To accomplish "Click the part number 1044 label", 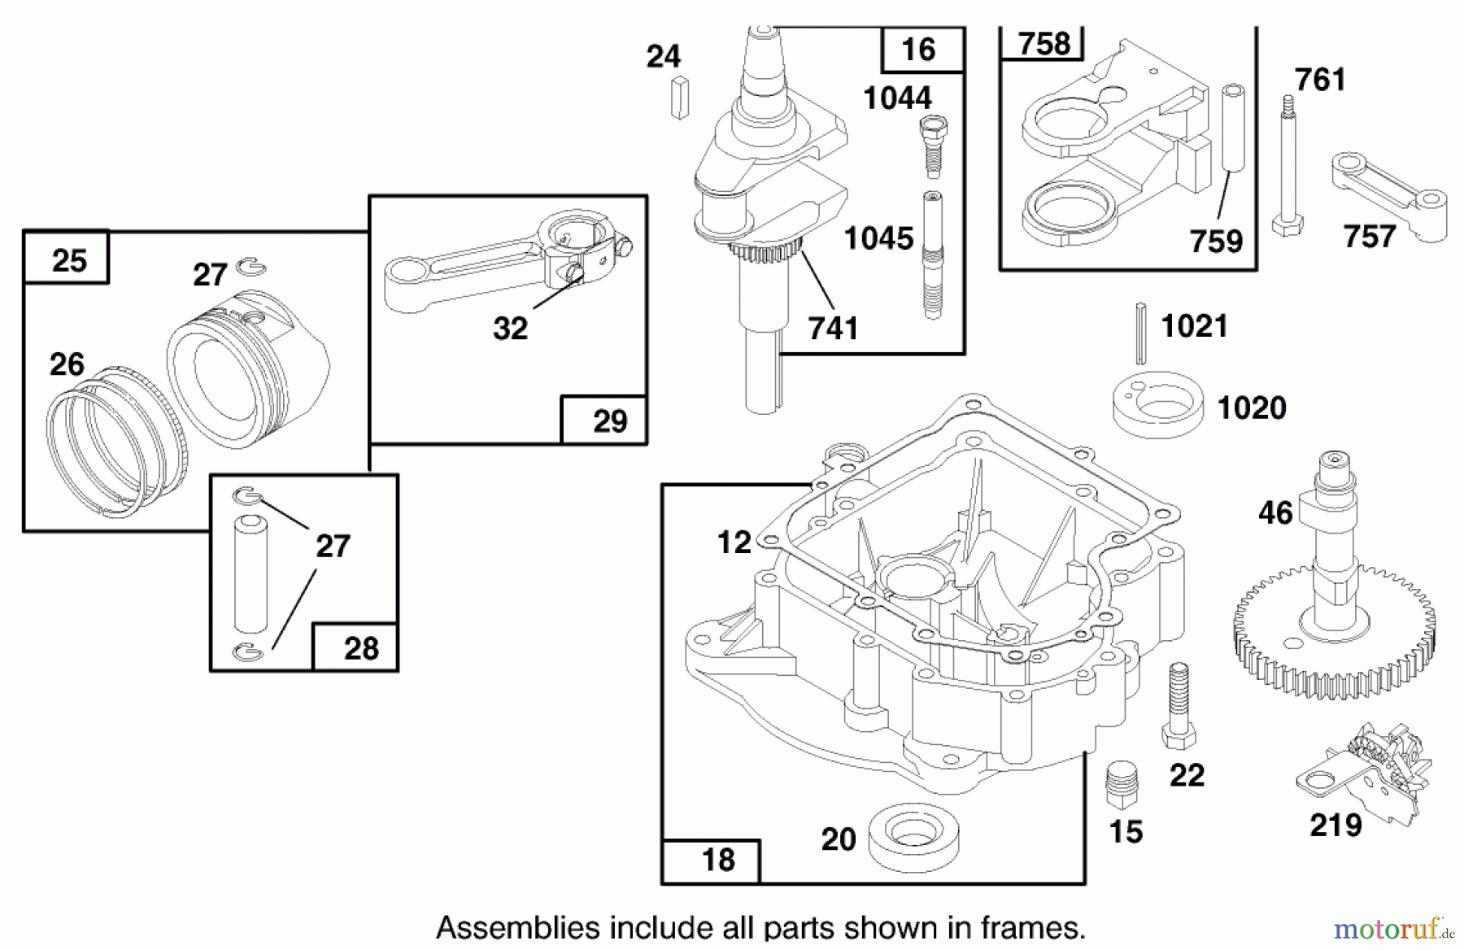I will [x=897, y=98].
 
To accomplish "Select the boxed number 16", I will [x=919, y=50].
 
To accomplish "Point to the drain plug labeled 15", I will [x=1122, y=786].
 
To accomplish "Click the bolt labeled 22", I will [x=1178, y=704].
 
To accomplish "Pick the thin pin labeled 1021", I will [x=1141, y=332].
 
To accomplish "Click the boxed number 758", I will [x=1044, y=42].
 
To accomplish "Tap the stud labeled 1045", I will [x=932, y=255].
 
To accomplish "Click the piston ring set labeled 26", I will [x=114, y=443].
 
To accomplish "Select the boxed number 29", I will [x=610, y=421].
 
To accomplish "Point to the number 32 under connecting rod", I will [x=510, y=329].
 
